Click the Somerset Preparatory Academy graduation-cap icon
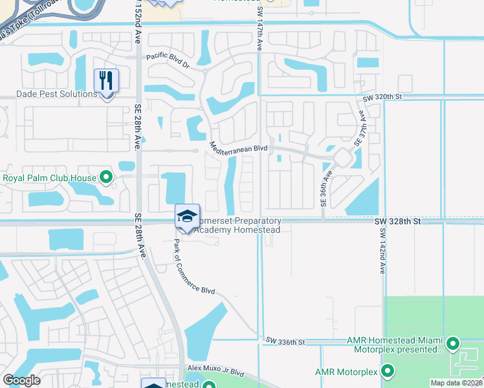[x=187, y=216]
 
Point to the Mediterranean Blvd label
[x=238, y=149]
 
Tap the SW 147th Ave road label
[x=259, y=26]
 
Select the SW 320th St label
[x=382, y=97]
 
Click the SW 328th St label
[x=397, y=221]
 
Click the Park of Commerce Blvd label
[x=194, y=267]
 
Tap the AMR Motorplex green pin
[x=388, y=371]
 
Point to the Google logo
[x=22, y=380]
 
